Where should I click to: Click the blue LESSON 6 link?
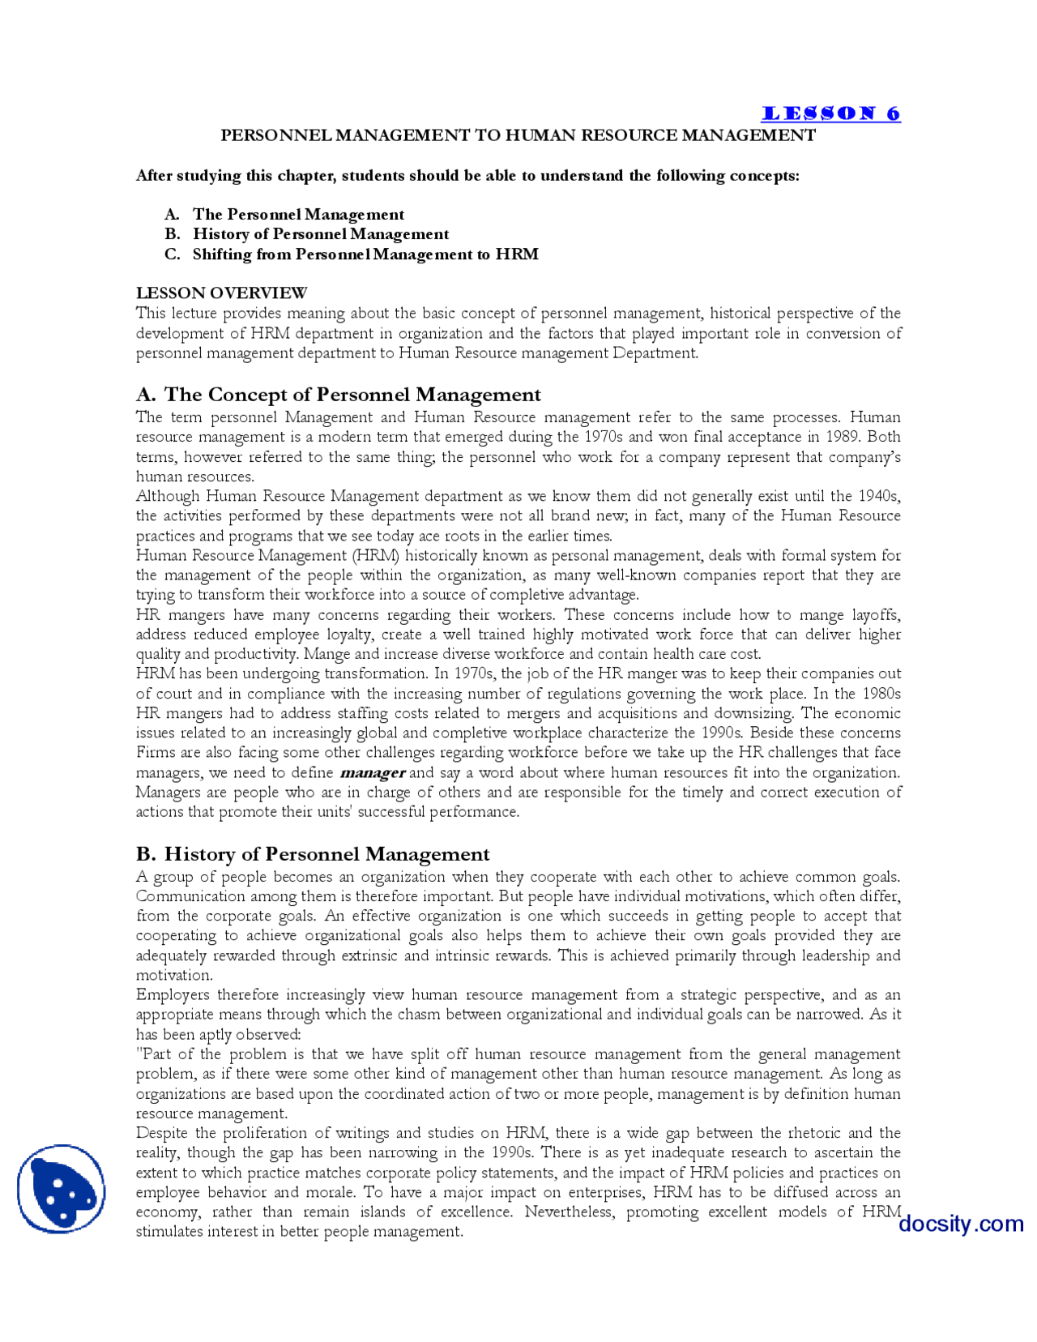(830, 113)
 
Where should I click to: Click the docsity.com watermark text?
(960, 1223)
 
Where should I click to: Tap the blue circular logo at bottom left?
(61, 1188)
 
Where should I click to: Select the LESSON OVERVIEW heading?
(221, 293)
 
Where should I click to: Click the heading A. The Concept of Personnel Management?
(338, 395)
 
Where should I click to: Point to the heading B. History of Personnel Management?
(313, 854)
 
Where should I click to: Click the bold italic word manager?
(373, 772)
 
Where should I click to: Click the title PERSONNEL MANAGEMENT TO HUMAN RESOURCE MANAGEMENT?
(518, 135)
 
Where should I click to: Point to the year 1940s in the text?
(877, 496)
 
